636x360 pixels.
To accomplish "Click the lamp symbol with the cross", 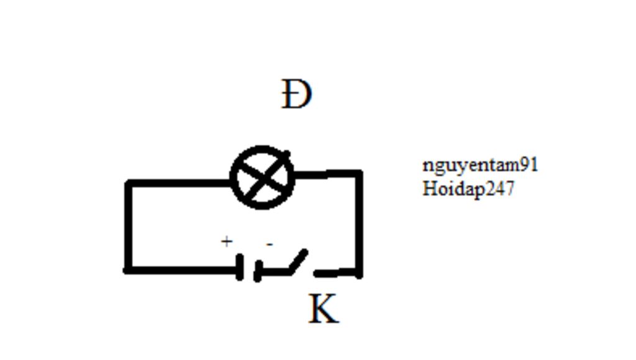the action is click(262, 178).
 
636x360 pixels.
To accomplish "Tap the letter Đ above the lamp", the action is click(296, 95).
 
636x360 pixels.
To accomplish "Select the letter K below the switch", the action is click(324, 309).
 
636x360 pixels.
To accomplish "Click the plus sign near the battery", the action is click(227, 241).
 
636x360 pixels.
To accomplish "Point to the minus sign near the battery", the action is click(269, 245).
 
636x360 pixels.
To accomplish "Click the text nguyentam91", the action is click(480, 165).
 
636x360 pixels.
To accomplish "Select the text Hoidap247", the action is click(468, 188).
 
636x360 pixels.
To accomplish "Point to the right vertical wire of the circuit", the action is click(359, 223).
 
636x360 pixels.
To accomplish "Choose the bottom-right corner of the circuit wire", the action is click(358, 272).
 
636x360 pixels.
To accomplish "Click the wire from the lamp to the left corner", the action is click(180, 183).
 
